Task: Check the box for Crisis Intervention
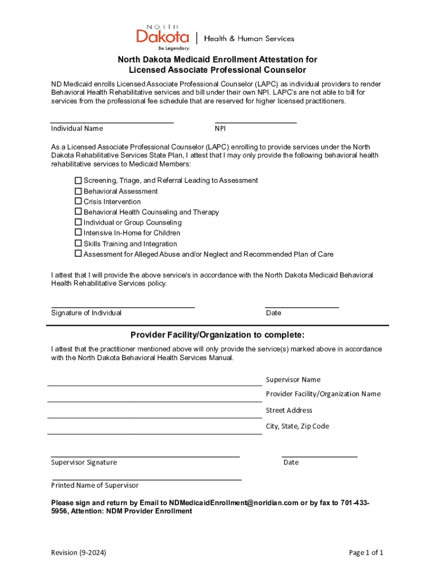pyautogui.click(x=79, y=202)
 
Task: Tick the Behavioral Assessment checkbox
pyautogui.click(x=79, y=191)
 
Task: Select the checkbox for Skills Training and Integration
pyautogui.click(x=79, y=243)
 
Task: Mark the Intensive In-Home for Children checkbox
pyautogui.click(x=79, y=233)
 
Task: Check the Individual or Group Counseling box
pyautogui.click(x=79, y=222)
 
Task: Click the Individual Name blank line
pyautogui.click(x=112, y=121)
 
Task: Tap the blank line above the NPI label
pyautogui.click(x=255, y=121)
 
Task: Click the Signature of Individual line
pyautogui.click(x=123, y=306)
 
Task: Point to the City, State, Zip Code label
pyautogui.click(x=297, y=426)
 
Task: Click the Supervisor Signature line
pyautogui.click(x=145, y=455)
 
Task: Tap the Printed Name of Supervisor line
pyautogui.click(x=146, y=479)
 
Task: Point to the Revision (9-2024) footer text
pyautogui.click(x=79, y=553)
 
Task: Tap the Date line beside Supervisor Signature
pyautogui.click(x=319, y=455)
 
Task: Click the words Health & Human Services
pyautogui.click(x=249, y=38)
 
